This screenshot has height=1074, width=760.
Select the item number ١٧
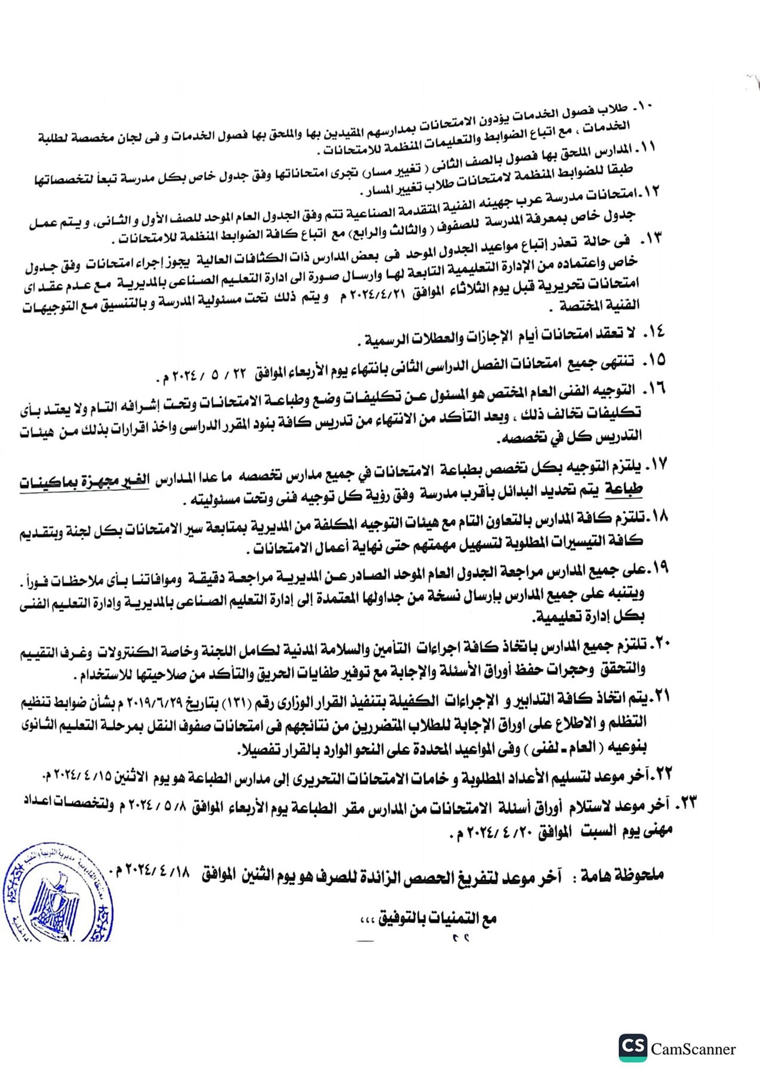click(657, 464)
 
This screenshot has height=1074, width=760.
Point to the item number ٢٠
click(661, 643)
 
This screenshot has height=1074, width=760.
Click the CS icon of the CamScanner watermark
click(632, 1048)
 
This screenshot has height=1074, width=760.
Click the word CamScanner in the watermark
click(694, 1049)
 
